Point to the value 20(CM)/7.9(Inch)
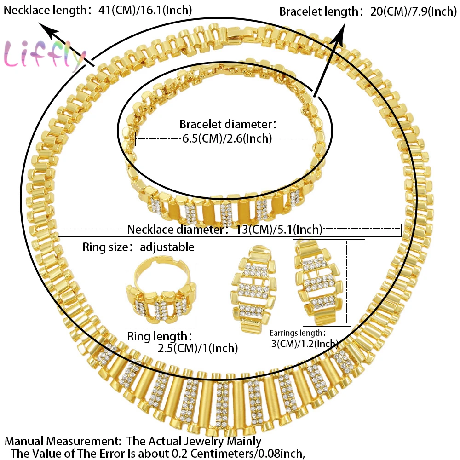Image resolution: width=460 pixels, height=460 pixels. click(413, 12)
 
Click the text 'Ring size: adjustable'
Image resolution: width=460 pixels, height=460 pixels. click(138, 247)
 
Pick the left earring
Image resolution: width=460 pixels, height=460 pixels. click(254, 289)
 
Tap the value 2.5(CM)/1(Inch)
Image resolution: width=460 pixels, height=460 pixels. click(198, 349)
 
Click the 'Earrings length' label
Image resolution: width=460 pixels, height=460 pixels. click(298, 333)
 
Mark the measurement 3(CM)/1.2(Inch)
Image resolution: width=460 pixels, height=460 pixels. click(305, 343)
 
